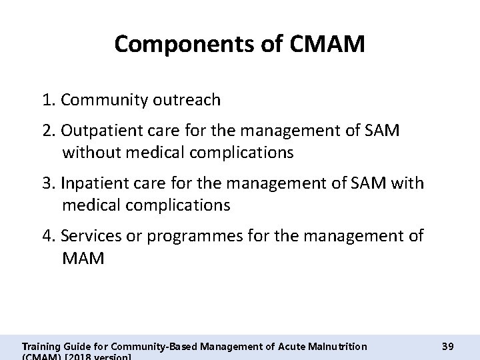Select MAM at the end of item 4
83,258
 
